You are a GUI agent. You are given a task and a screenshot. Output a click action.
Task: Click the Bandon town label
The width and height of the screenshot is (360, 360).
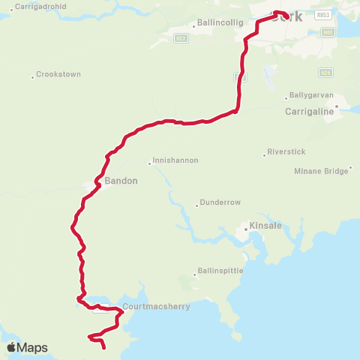click(x=121, y=181)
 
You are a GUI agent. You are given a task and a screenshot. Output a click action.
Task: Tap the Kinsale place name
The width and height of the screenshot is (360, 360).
click(x=264, y=226)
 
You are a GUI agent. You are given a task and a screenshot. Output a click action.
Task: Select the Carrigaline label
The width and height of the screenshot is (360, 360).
click(x=308, y=111)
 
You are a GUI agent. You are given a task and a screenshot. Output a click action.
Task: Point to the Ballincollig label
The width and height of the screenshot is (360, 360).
click(x=220, y=23)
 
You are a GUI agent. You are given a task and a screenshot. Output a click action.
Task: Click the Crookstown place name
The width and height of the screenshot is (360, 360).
click(x=59, y=74)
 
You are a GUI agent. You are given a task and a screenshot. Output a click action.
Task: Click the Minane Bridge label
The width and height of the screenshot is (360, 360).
click(x=322, y=171)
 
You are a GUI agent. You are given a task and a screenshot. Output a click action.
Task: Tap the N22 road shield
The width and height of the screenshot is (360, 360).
click(x=180, y=37)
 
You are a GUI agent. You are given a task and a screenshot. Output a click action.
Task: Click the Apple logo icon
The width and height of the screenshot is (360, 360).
click(x=12, y=347)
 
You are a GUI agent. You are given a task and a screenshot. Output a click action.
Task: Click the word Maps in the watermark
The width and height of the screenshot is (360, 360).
click(x=33, y=347)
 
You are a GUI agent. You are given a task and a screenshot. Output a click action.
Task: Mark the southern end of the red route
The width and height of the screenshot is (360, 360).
click(x=103, y=348)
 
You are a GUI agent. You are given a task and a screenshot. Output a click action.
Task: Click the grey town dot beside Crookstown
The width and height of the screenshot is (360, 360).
click(x=32, y=76)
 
